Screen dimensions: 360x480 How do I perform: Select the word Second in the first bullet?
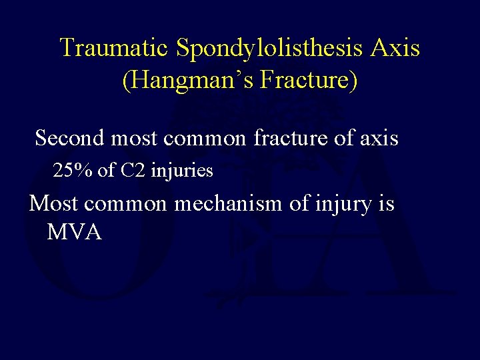[69, 138]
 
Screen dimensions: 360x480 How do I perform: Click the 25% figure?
[73, 171]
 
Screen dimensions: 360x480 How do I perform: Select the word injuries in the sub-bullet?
[182, 171]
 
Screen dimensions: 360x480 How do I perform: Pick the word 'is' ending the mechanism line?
[386, 202]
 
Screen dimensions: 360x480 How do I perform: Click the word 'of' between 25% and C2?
[106, 171]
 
